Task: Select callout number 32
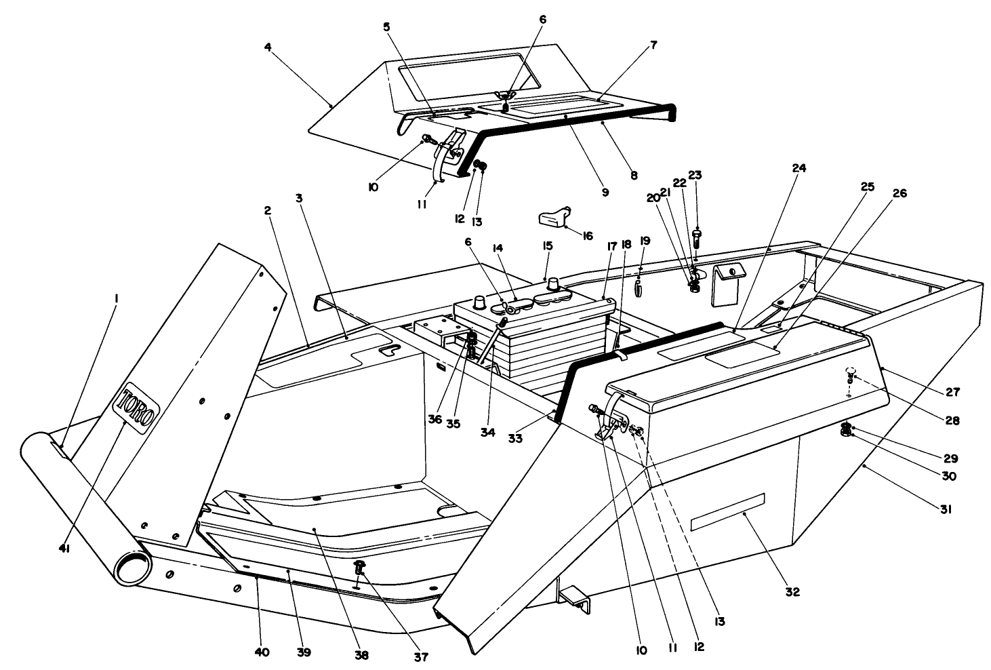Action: pos(792,591)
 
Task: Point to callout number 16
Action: pos(587,235)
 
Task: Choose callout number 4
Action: pos(268,47)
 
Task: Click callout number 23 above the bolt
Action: pos(694,175)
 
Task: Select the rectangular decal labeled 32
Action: pos(727,511)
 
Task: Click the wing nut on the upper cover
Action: pos(506,97)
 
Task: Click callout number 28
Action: pos(953,420)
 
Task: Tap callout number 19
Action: pos(645,241)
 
